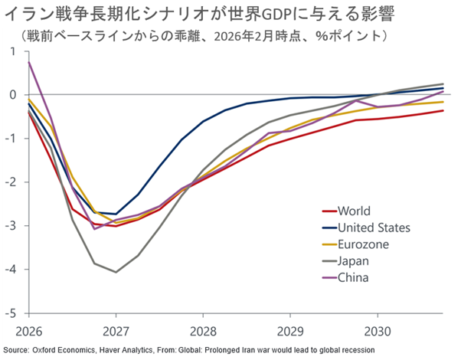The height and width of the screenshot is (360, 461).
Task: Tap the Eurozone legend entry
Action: pyautogui.click(x=364, y=244)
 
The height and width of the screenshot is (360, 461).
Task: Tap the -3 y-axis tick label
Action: pyautogui.click(x=11, y=226)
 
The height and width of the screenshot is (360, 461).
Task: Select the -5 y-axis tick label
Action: pyautogui.click(x=11, y=313)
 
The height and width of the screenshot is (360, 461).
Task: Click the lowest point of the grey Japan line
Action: pyautogui.click(x=116, y=272)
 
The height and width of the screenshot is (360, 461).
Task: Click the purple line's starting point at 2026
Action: pyautogui.click(x=28, y=61)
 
